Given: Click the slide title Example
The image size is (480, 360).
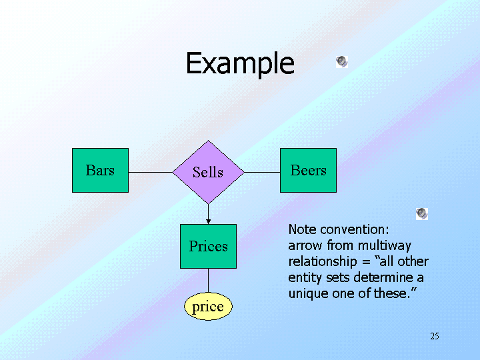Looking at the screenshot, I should click(239, 63).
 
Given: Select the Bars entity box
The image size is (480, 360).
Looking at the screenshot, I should click(100, 171).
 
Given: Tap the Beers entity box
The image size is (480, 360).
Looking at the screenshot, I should click(308, 171).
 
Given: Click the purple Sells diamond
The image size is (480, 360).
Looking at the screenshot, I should click(208, 172).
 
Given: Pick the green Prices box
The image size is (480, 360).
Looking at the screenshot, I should click(208, 247).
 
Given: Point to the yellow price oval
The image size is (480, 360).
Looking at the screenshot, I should click(208, 307).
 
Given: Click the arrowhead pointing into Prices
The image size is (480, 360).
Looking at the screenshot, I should click(208, 221).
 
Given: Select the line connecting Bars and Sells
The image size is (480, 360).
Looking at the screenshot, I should click(150, 172).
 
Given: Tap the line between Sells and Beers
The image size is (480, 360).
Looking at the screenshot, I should click(262, 172).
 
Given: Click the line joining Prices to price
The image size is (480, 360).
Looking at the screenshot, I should click(208, 281).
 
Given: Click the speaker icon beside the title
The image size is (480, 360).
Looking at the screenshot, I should click(341, 62).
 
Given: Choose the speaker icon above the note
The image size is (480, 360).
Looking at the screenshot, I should click(421, 213).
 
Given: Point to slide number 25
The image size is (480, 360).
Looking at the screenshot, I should click(435, 336).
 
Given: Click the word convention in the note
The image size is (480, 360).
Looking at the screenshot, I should click(349, 229).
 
